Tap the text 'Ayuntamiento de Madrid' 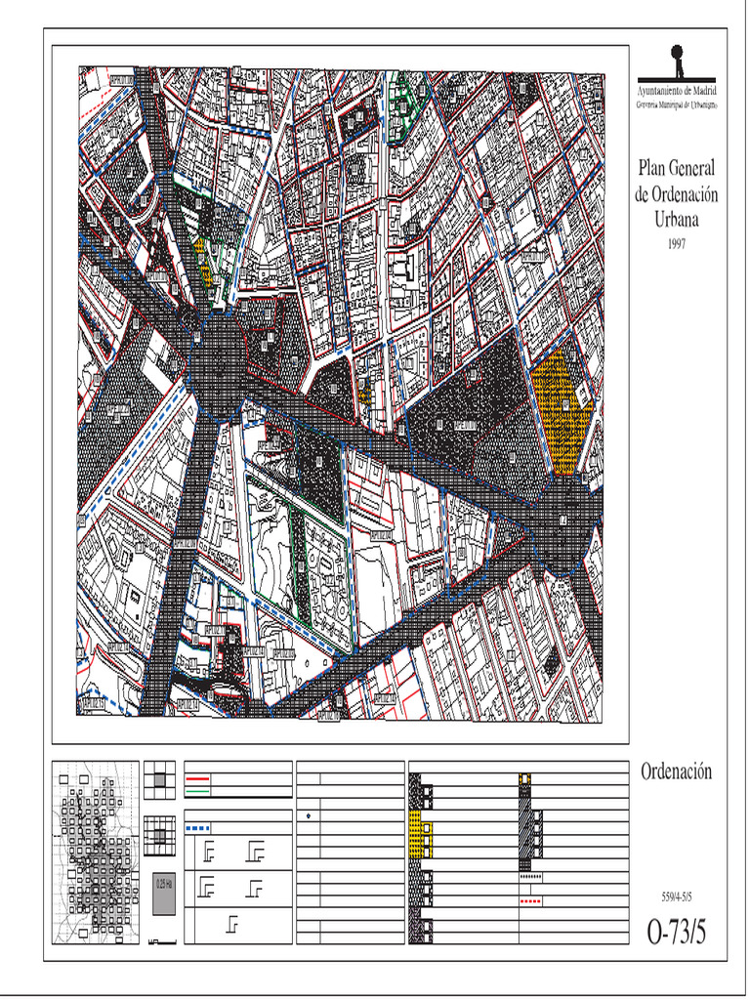[x=677, y=90]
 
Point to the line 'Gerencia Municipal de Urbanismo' [x=677, y=103]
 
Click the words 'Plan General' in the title [x=677, y=169]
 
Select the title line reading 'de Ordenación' [x=677, y=194]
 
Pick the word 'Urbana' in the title [x=677, y=219]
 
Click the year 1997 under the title [x=677, y=245]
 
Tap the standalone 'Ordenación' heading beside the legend [x=677, y=771]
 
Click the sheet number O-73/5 [x=677, y=932]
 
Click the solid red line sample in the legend [x=198, y=779]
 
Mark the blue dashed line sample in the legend [x=198, y=828]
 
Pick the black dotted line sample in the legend [x=531, y=877]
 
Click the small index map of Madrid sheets [x=95, y=853]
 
